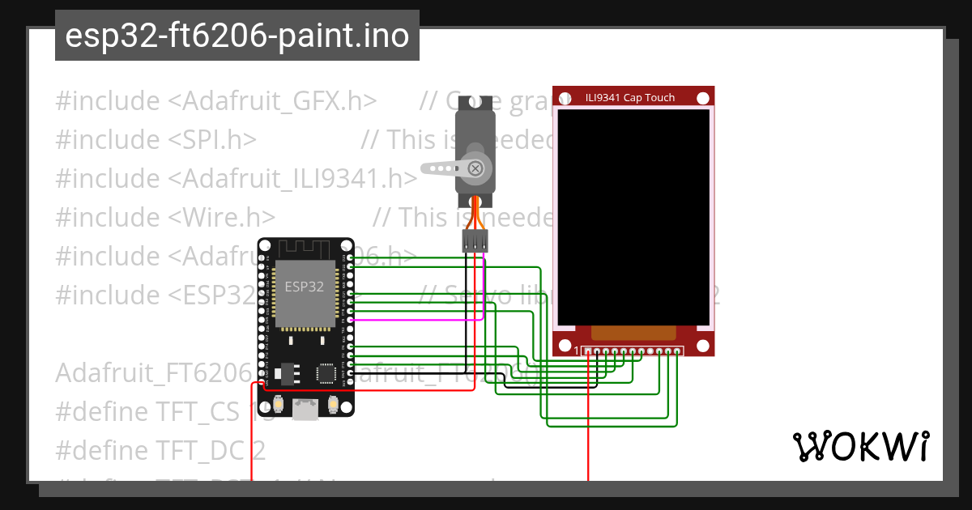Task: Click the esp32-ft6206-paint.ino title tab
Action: [x=237, y=36]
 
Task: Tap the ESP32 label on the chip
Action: [x=305, y=287]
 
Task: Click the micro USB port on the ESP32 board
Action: [x=305, y=410]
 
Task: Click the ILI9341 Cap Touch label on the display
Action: [x=630, y=97]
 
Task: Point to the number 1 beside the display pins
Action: [x=576, y=351]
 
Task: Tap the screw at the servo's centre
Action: [x=476, y=168]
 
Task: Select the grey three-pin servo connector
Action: [x=475, y=240]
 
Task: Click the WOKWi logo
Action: [x=860, y=446]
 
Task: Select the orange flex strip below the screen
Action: [x=633, y=333]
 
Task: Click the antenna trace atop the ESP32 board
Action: [x=305, y=248]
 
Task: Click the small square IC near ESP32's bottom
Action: [x=326, y=373]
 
